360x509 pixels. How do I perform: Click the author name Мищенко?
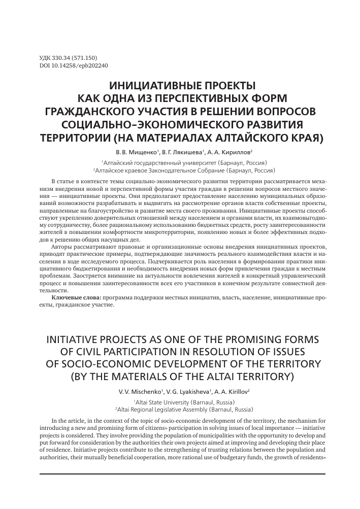pyautogui.click(x=144, y=151)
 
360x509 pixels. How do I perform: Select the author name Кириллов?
pyautogui.click(x=236, y=151)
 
